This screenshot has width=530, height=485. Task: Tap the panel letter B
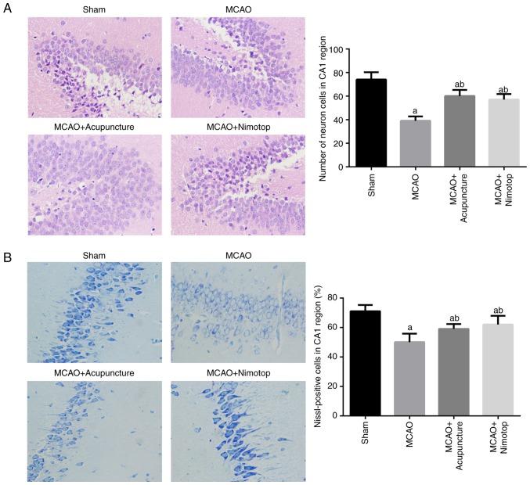[x=7, y=256]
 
